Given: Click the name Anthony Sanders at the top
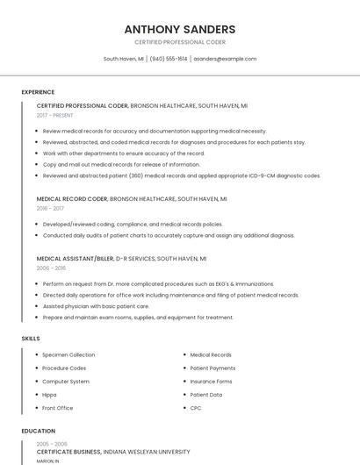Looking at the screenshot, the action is point(180,29).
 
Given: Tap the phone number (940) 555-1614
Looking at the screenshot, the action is point(169,59).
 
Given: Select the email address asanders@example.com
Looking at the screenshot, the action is point(225,59).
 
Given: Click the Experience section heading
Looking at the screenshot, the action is point(38,92).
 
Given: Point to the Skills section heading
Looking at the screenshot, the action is point(31,338).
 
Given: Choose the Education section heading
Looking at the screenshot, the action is point(39,431).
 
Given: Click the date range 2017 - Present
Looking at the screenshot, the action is point(55,115).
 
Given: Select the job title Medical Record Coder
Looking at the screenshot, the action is point(72,199).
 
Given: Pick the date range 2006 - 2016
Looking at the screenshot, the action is point(51,268).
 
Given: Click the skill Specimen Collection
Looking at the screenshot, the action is point(68,354).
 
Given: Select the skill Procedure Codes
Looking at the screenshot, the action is point(64,368).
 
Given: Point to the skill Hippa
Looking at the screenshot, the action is point(49,395).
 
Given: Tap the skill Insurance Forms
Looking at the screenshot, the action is point(211,382).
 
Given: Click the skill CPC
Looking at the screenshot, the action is point(196,408).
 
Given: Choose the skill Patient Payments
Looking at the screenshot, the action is point(212,368).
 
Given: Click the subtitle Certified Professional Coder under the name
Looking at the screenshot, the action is point(180,42).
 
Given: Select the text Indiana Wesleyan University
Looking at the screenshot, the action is point(147,452).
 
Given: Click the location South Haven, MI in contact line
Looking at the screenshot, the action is point(123,59).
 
